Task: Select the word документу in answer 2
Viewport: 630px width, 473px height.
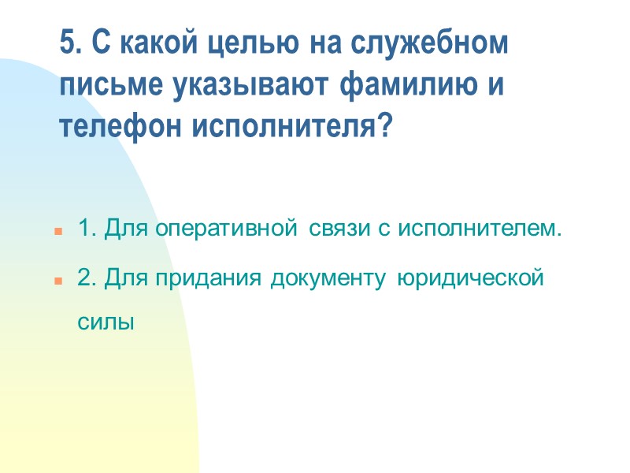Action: tap(331, 278)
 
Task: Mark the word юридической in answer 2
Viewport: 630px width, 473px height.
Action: tap(471, 278)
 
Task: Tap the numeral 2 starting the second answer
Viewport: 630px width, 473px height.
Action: tap(84, 278)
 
